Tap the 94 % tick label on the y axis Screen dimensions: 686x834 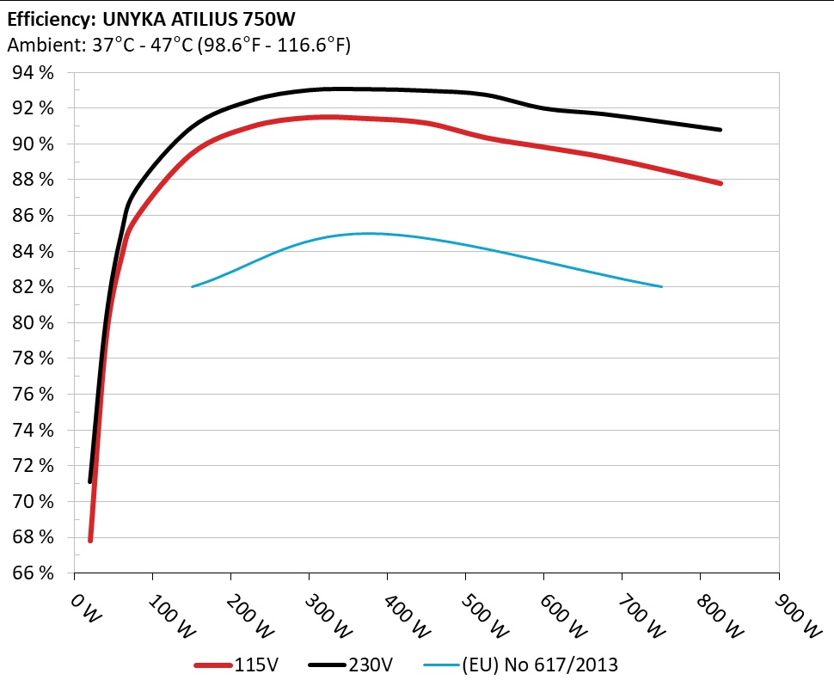34,73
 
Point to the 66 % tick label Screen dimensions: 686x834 34,573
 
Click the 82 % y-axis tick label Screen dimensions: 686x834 34,287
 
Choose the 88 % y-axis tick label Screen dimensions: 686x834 34,180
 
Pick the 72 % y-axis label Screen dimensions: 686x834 34,465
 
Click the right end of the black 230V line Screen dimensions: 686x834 720,130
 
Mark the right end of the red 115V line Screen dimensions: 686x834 720,183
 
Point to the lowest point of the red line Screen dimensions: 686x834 90,540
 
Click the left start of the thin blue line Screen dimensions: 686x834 192,286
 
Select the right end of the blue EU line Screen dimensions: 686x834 661,286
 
